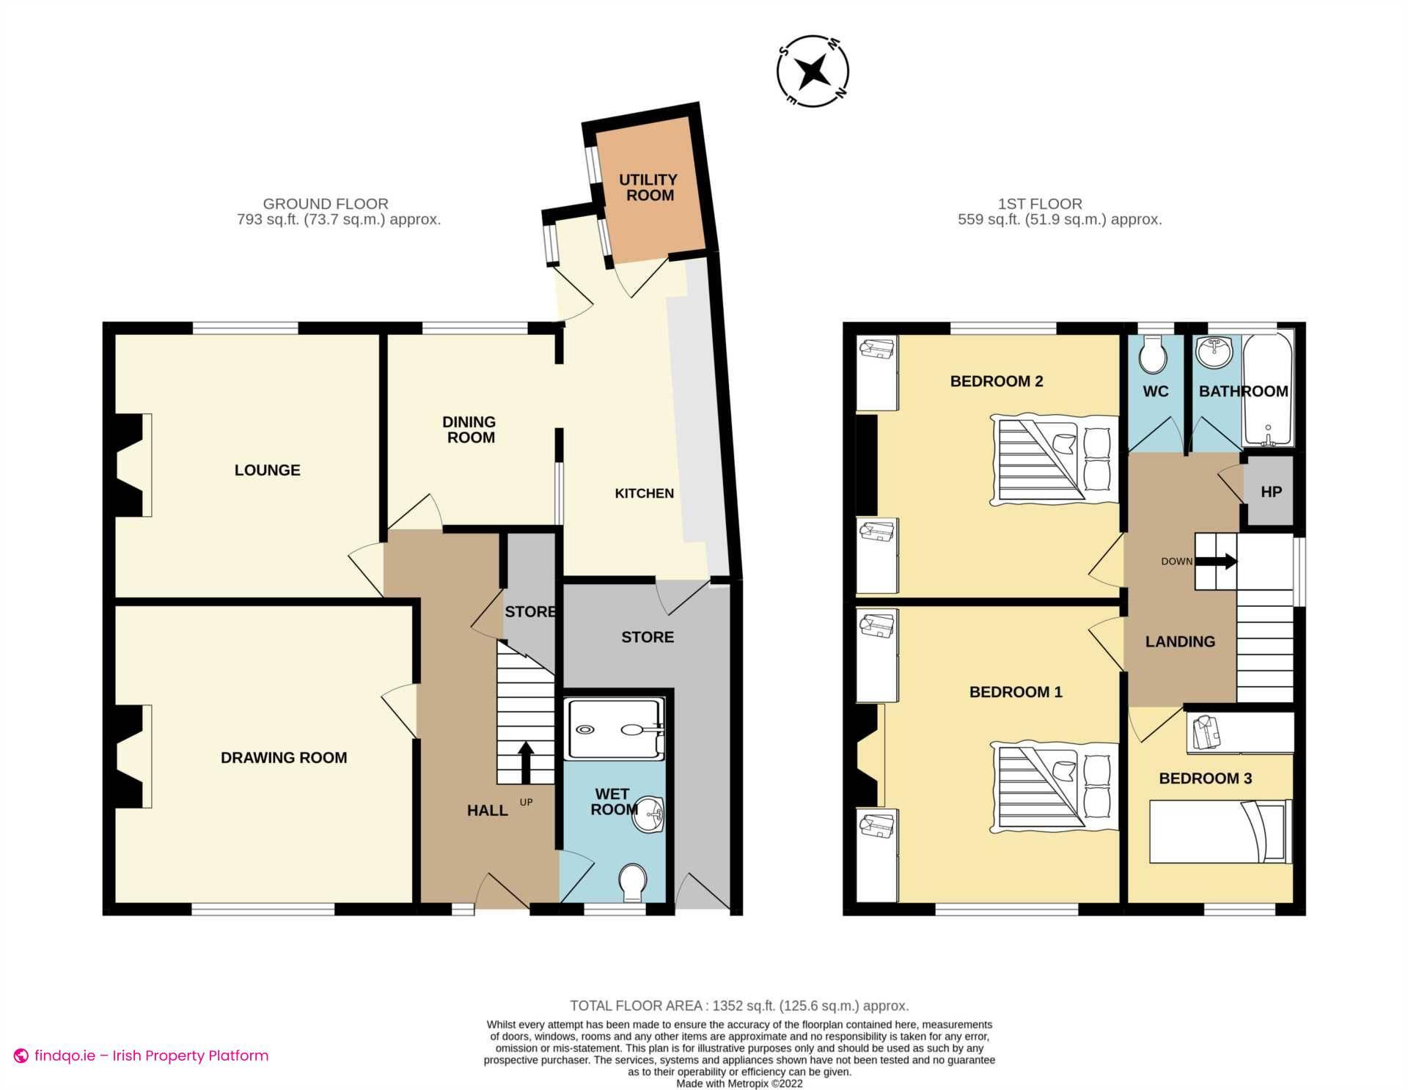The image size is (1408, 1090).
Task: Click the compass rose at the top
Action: pos(813,72)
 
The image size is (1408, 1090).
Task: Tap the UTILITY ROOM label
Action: pos(648,188)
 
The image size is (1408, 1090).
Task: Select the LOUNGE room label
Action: pos(267,471)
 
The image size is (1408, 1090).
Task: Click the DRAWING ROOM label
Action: pos(284,758)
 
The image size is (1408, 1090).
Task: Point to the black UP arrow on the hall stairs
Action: pos(526,762)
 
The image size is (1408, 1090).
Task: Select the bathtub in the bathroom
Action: pos(1268,389)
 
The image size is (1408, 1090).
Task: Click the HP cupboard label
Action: pos(1271,492)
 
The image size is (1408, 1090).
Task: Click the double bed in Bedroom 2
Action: pos(1053,460)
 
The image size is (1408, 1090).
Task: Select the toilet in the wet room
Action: pos(632,882)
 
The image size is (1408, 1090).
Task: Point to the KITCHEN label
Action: pos(644,494)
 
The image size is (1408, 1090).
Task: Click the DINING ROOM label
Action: pos(469,430)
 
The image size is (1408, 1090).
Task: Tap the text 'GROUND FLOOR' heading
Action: pos(326,204)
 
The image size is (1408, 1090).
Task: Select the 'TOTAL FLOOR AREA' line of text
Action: pos(738,1006)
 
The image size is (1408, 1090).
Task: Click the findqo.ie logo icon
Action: pos(21,1056)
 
